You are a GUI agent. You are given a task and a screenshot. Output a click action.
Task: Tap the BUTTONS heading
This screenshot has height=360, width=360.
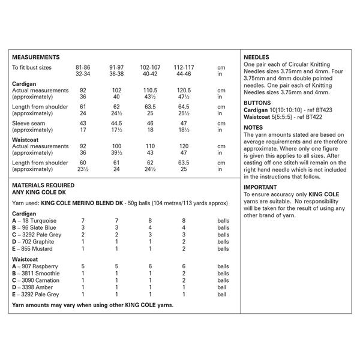(x=259, y=103)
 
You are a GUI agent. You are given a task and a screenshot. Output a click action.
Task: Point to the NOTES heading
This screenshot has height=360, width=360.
(x=254, y=128)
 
